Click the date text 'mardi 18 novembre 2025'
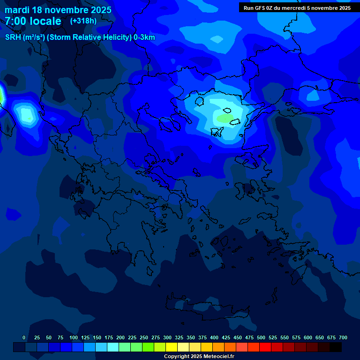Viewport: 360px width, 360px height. [58, 10]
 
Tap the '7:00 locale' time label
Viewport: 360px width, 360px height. [33, 21]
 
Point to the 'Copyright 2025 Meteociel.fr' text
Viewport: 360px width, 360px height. [199, 356]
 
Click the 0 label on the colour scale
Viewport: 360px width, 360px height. [24, 337]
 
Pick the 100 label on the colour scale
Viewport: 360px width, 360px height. [74, 337]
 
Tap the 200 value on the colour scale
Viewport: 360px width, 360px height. [120, 337]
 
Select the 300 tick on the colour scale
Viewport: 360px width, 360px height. [167, 337]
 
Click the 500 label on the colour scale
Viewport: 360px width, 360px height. [261, 337]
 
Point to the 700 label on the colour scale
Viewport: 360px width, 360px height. [343, 337]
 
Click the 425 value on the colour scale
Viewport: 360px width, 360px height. [226, 337]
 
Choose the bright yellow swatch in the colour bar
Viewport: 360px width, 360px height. [172, 347]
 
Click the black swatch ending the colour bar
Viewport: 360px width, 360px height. [336, 347]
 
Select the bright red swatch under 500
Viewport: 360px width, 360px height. [265, 347]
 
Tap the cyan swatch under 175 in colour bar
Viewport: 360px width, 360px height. [113, 347]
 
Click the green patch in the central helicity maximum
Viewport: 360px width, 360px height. [225, 119]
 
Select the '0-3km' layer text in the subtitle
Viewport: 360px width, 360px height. [144, 37]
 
